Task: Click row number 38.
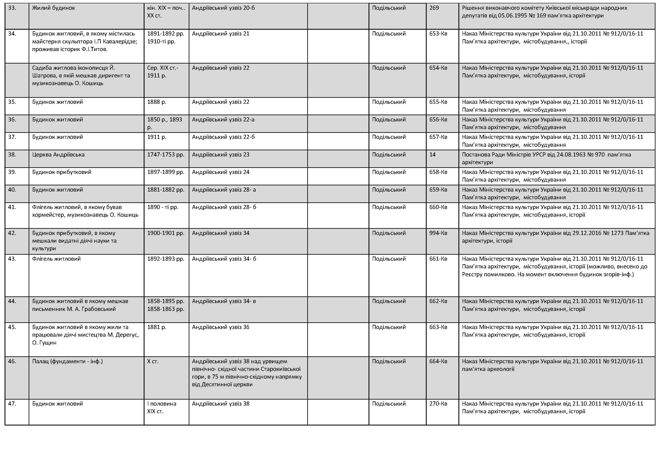[x=12, y=155]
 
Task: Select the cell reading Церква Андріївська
[x=58, y=155]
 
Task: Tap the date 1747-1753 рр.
[x=165, y=155]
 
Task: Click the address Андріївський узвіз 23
[x=221, y=155]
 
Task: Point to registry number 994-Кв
[x=438, y=233]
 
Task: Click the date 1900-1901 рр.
[x=165, y=233]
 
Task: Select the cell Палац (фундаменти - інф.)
[x=67, y=361]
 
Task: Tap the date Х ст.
[x=153, y=361]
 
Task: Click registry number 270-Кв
[x=438, y=404]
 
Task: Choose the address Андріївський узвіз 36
[x=221, y=327]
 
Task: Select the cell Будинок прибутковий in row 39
[x=62, y=172]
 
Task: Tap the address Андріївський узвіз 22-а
[x=223, y=119]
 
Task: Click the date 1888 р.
[x=157, y=102]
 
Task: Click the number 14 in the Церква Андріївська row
[x=432, y=155]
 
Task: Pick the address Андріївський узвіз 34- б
[x=224, y=259]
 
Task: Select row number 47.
[x=12, y=404]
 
